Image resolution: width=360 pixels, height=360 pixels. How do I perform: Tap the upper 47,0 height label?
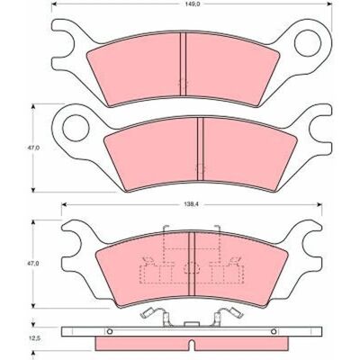[x=33, y=148]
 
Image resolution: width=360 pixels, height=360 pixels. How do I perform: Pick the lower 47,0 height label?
[x=33, y=264]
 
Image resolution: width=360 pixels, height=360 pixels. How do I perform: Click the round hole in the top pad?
[x=308, y=43]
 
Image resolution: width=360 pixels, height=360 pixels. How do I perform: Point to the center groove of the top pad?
[x=183, y=64]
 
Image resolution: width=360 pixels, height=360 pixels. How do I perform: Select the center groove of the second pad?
[x=200, y=149]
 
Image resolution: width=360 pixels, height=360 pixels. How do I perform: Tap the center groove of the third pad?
[x=192, y=264]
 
